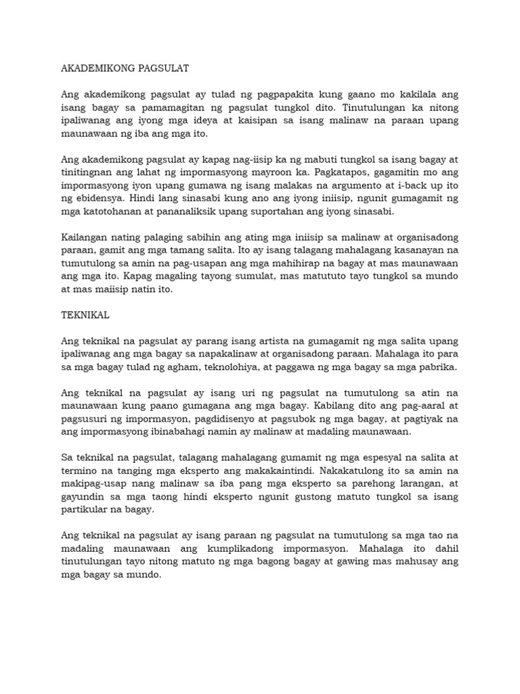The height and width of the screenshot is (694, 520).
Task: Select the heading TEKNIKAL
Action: [85, 315]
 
